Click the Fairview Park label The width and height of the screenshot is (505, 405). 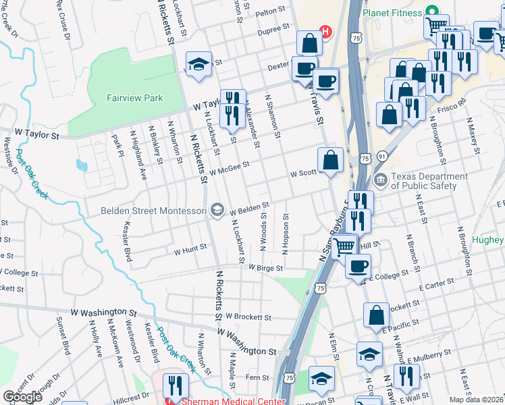point(134,98)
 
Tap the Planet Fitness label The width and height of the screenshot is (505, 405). point(392,12)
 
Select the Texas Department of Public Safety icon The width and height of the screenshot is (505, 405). point(380,180)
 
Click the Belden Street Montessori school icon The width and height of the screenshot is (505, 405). point(217,210)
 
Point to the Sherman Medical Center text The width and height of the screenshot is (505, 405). point(234,400)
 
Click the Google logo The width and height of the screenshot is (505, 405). point(22,397)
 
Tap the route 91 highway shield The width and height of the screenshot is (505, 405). point(382,156)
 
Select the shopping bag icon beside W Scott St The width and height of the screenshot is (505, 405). point(330,160)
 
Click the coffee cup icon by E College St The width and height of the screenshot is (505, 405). point(358,265)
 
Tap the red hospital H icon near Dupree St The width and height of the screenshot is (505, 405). point(325,32)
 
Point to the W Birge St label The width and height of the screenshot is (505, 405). point(265,267)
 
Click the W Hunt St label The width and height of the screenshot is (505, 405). point(190,250)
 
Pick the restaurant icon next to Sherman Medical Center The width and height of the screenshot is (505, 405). point(176,385)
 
